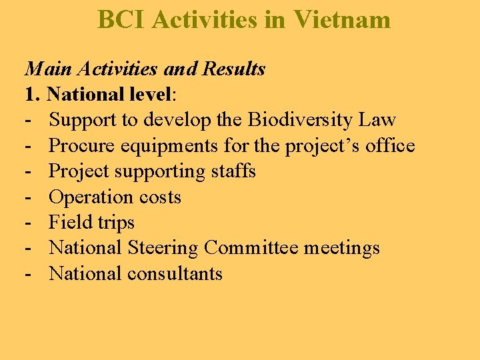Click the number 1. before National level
point(33,95)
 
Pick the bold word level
point(151,95)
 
